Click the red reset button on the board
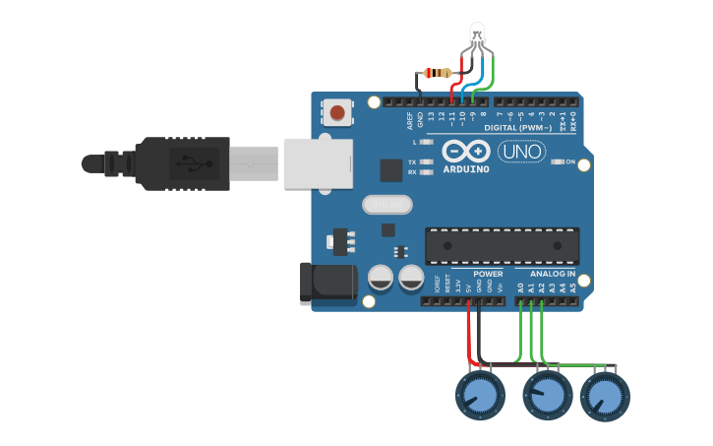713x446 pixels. coord(337,112)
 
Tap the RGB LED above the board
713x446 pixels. coord(477,34)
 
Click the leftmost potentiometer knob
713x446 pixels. coord(479,397)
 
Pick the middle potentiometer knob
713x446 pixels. coord(546,397)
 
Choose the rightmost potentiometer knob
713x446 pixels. coord(605,397)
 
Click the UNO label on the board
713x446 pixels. coord(522,152)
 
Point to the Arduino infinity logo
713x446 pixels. coord(466,152)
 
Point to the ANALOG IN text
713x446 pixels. coord(553,274)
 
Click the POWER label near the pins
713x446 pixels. coord(488,274)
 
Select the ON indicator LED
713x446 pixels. coord(557,161)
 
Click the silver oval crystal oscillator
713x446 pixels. coord(386,204)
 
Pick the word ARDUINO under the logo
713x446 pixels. coord(466,169)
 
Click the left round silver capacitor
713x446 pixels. coord(381,278)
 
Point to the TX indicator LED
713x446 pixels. coord(426,161)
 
